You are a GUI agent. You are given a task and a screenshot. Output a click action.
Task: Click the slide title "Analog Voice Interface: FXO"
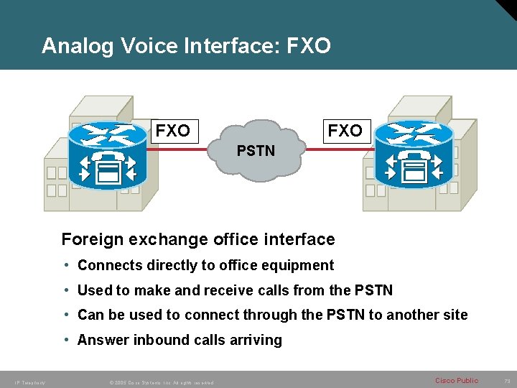(x=186, y=46)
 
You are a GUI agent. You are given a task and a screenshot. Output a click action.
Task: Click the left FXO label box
(x=173, y=131)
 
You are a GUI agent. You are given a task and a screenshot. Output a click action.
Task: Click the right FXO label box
(x=345, y=131)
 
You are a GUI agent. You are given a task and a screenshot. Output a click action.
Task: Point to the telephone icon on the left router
(x=108, y=167)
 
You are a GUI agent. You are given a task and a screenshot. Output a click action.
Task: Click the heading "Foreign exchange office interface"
(x=198, y=239)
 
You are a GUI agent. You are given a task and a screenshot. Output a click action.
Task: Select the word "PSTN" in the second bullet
(x=373, y=290)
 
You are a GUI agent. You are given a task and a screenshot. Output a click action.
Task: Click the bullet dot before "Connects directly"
(x=66, y=265)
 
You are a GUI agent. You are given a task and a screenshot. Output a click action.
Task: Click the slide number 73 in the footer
(x=506, y=381)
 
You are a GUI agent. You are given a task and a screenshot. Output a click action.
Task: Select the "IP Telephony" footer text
(x=29, y=382)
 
